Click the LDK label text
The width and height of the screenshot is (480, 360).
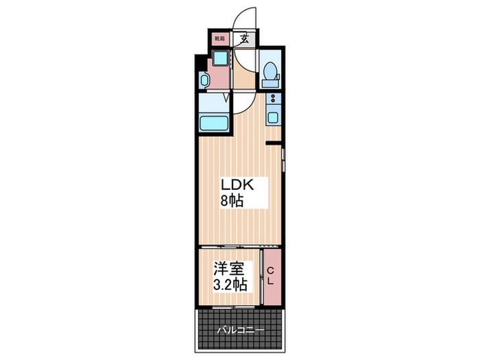(237, 185)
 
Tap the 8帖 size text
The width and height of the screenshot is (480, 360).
(232, 201)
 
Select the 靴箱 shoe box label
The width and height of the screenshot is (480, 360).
(219, 38)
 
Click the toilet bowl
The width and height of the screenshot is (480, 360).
(271, 71)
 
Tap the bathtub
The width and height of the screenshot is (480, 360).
(214, 123)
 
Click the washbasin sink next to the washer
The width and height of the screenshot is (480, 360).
(204, 80)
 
